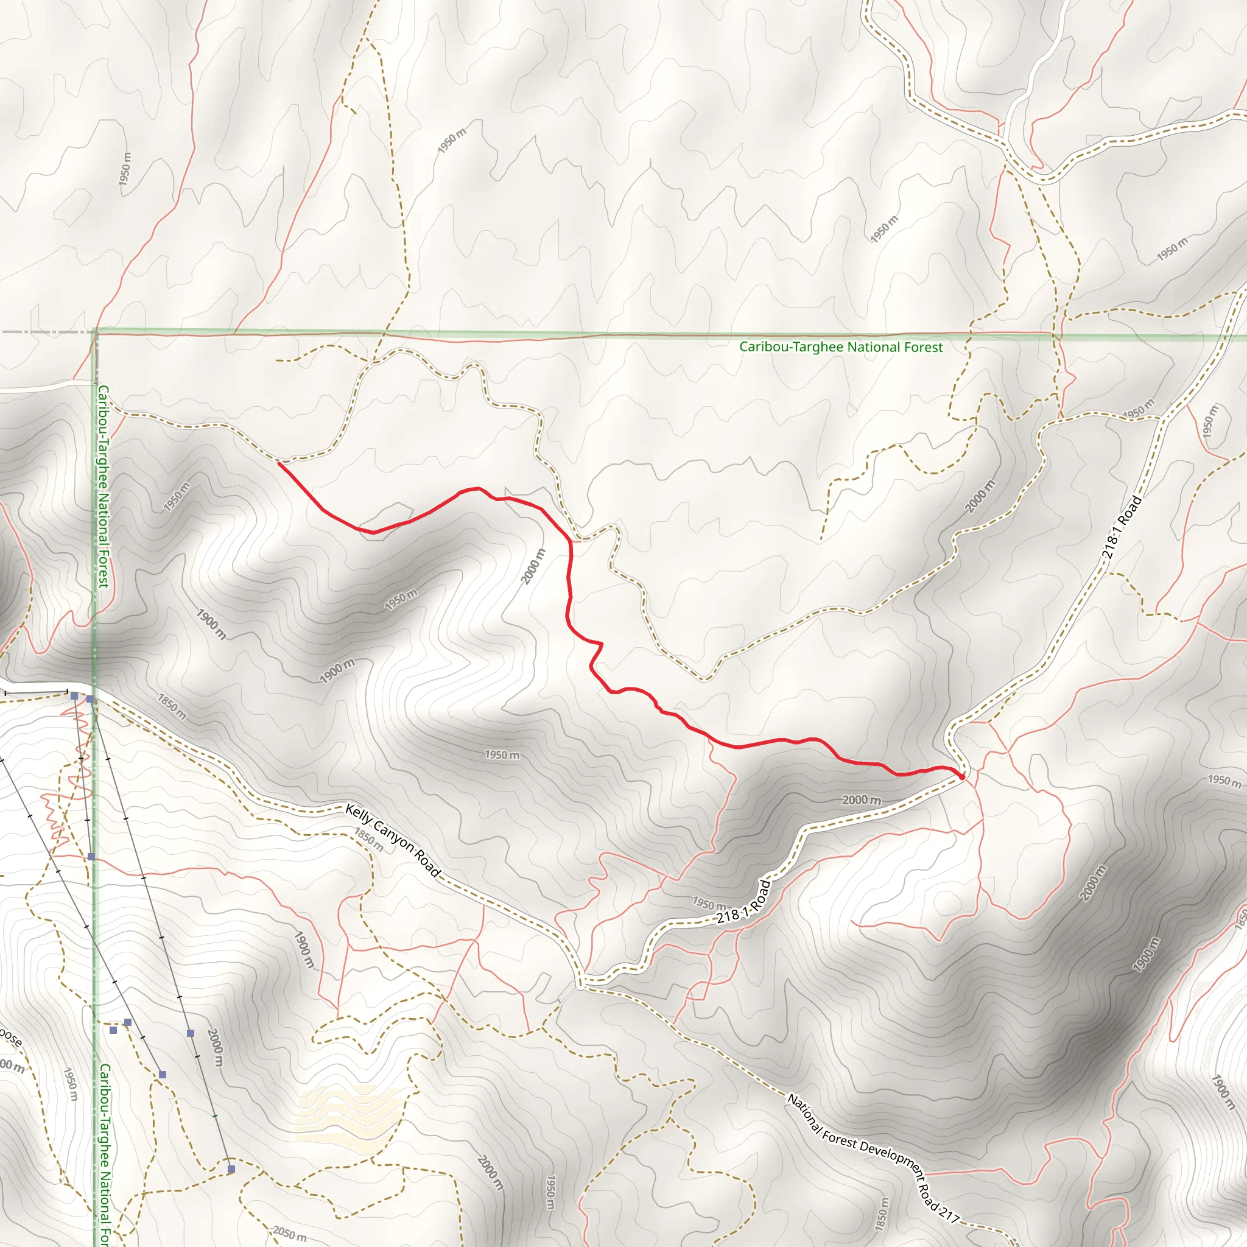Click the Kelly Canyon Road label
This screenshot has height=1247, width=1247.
393,841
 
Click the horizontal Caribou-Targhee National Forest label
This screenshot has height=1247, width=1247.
840,347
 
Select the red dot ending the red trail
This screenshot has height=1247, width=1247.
961,777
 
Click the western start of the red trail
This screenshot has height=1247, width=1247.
279,463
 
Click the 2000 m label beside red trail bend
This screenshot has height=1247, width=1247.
533,566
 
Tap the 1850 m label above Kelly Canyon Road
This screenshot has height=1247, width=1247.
172,707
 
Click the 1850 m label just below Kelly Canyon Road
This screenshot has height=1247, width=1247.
368,841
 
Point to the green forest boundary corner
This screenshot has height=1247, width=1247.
95,332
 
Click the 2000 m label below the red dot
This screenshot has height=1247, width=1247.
861,800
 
